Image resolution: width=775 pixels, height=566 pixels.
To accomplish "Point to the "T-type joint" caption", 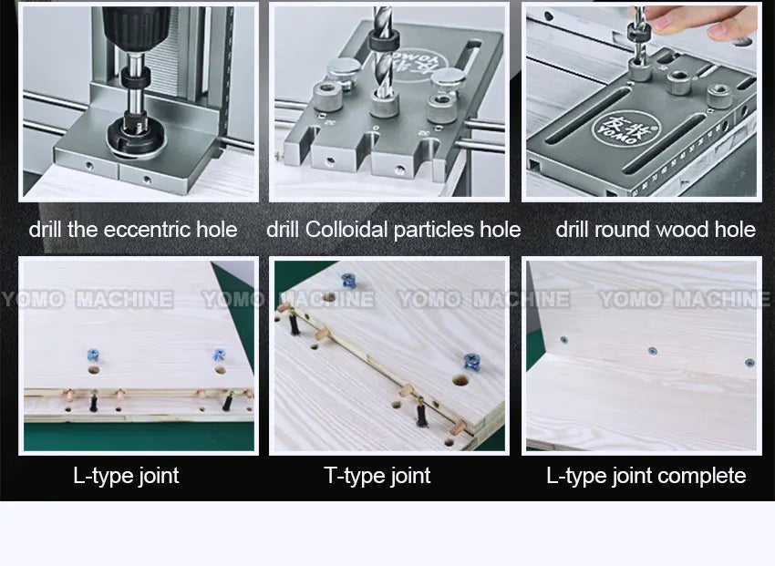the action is (x=377, y=476).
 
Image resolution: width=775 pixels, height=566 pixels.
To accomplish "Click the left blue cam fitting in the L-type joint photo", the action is (x=93, y=355).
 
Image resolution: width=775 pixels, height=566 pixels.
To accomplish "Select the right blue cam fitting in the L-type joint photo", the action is (x=219, y=355).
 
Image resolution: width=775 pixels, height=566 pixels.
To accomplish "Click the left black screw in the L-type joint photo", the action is (x=93, y=402).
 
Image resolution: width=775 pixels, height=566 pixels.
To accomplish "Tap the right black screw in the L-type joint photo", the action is (x=228, y=401).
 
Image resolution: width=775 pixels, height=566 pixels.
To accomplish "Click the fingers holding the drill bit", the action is (x=706, y=21).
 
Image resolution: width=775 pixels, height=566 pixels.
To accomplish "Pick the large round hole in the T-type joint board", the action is (x=460, y=380).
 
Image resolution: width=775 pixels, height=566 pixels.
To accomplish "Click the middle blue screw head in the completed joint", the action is (x=652, y=351).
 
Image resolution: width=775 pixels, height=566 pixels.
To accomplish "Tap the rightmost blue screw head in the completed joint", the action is (x=749, y=363).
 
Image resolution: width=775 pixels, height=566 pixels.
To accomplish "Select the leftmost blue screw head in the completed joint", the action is (x=563, y=340).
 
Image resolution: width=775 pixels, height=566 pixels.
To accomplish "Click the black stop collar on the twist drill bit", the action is (x=384, y=40).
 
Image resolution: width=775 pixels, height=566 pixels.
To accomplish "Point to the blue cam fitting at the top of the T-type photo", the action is (x=349, y=281).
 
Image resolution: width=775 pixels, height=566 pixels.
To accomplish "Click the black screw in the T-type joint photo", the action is (x=420, y=413).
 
